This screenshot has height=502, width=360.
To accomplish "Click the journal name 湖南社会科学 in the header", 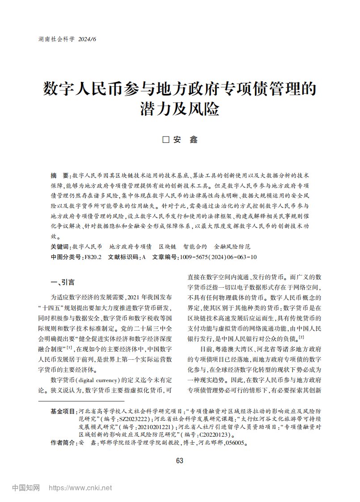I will pyautogui.click(x=56, y=39).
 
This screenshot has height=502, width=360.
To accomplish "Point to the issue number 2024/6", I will pyautogui.click(x=87, y=39).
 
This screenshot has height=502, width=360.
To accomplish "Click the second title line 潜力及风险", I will pyautogui.click(x=180, y=108).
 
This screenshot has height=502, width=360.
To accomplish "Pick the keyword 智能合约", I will pyautogui.click(x=195, y=247).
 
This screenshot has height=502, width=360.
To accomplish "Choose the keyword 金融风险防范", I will pyautogui.click(x=232, y=247).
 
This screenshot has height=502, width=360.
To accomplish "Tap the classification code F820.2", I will pyautogui.click(x=93, y=257).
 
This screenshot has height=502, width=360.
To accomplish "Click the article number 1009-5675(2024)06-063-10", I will pyautogui.click(x=218, y=257).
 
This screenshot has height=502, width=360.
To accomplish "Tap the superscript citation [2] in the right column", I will pyautogui.click(x=302, y=337).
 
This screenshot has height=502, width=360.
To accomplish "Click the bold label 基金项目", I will pyautogui.click(x=63, y=411).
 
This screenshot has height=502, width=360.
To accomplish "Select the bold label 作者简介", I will pyautogui.click(x=63, y=443).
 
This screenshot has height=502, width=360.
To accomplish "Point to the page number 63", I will pyautogui.click(x=180, y=461).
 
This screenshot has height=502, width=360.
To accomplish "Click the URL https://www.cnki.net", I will pyautogui.click(x=80, y=488).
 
